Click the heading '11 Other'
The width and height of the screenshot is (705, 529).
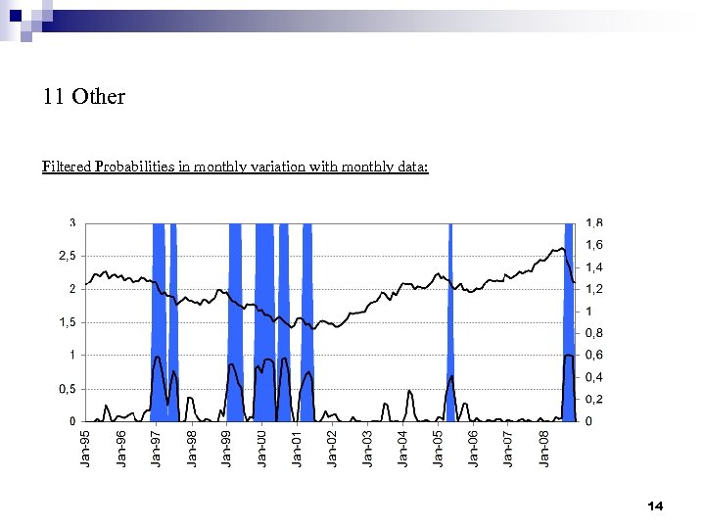pos(84,97)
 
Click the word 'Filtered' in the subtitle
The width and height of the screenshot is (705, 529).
pos(67,167)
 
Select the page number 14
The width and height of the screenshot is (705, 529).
pos(655,505)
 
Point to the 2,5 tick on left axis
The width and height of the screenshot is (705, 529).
pos(65,256)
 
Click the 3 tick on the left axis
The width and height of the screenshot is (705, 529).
pos(71,222)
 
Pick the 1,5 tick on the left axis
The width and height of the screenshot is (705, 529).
pos(65,322)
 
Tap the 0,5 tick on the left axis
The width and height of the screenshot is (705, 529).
pos(65,389)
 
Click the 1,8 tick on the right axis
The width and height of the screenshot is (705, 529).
pos(594,222)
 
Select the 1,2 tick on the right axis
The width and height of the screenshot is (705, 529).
pos(594,289)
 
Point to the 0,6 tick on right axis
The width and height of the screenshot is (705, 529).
pos(594,356)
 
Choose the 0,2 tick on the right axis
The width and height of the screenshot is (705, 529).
pos(594,400)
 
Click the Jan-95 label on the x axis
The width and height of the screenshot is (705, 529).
pos(86,448)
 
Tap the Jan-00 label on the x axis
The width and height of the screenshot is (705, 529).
pos(261,448)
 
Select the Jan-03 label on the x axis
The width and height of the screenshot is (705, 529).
pos(367,448)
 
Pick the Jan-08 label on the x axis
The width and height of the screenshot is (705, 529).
pos(543,448)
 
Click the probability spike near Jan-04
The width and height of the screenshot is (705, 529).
pos(410,392)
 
